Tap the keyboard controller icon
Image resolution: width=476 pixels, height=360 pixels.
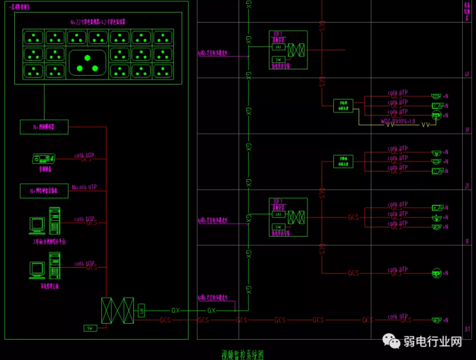[x=43, y=159]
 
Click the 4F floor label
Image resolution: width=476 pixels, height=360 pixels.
[x=466, y=74]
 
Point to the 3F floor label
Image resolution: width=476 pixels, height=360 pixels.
[x=466, y=129]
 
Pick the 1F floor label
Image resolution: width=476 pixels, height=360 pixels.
[x=466, y=241]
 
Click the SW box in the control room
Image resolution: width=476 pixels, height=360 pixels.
[x=90, y=328]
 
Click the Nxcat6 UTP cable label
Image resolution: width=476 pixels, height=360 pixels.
[x=83, y=187]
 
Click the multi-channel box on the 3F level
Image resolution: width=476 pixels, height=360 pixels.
[x=343, y=105]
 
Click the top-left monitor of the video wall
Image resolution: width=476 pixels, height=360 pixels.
[x=34, y=37]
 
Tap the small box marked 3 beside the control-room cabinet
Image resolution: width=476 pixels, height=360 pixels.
[x=141, y=311]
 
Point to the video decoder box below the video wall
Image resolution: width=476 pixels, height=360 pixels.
[x=44, y=126]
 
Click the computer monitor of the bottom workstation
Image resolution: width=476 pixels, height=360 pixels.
[x=37, y=269]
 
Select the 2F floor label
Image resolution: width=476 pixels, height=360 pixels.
[x=466, y=186]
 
